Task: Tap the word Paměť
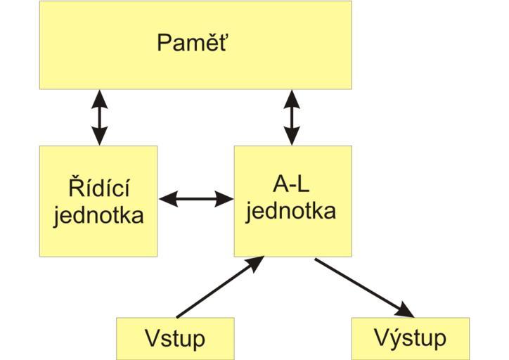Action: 194,43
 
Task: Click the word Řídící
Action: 98,188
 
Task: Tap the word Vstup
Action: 174,338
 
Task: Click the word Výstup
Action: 411,338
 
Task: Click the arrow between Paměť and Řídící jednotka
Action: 99,117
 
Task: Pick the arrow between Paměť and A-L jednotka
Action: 292,117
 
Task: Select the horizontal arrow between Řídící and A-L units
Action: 195,199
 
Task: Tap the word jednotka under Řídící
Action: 98,214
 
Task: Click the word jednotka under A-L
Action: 292,210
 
